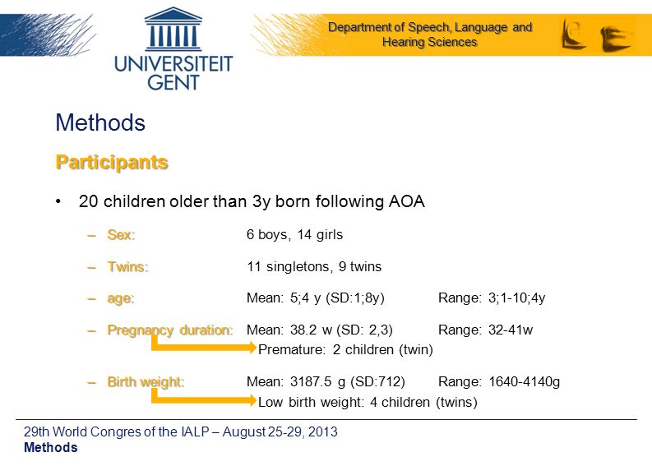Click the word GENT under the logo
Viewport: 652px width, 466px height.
173,82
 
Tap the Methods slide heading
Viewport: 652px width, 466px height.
100,122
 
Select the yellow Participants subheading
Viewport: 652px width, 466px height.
112,163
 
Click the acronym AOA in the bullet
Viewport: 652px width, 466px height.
407,201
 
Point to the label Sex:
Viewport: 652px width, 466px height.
121,235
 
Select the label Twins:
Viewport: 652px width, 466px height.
127,266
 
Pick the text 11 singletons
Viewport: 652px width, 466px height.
289,266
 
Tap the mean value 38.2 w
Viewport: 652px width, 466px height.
311,330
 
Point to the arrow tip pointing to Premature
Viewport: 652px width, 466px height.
256,348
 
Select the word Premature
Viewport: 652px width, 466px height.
291,349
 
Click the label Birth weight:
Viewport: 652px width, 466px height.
146,382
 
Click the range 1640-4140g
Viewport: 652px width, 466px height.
525,381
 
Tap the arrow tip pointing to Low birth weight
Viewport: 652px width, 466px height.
256,400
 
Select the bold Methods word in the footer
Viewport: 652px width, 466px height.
51,447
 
